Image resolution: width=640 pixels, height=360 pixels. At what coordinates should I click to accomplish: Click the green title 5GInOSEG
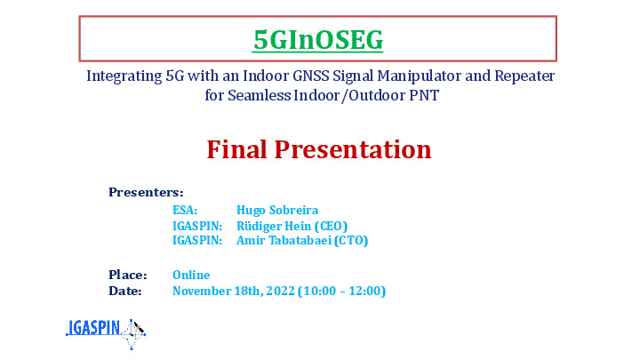coord(318,39)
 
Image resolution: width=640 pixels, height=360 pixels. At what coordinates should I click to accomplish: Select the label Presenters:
coord(146,192)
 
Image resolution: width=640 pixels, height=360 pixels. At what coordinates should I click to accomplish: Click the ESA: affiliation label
coord(185,211)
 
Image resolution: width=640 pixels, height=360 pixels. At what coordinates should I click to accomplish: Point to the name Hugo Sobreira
coord(277,211)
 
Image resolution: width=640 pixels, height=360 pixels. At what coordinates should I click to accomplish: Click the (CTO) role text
coord(350,240)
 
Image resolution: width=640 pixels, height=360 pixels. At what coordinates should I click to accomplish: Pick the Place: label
coord(127,275)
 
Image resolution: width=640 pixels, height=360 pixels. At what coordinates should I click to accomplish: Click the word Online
coord(191,275)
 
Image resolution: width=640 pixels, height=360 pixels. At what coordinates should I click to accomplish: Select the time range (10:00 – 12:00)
coord(341,291)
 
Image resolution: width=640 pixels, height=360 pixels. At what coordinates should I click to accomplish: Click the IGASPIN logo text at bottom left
coord(94,329)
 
